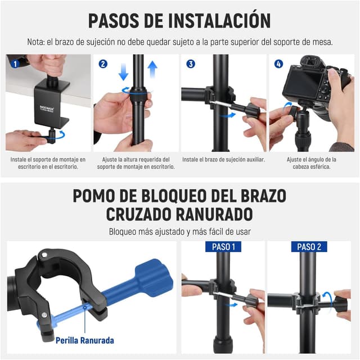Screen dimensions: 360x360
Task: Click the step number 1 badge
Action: coord(15,64)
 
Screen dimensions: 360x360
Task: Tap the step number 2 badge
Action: coord(103,64)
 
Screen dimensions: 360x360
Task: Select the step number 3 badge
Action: coord(191,64)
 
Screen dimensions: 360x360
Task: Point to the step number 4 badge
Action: coord(278,64)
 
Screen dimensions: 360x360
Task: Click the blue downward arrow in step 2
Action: coord(124,71)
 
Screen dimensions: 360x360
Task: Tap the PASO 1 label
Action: coord(223,247)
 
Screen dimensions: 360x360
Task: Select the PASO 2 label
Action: coord(309,247)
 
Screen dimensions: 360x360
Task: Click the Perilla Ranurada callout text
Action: coord(85,340)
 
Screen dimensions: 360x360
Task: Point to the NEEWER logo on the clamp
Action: coord(47,108)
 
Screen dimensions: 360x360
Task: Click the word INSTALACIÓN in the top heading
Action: coord(219,21)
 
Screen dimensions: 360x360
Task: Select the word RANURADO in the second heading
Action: coord(214,214)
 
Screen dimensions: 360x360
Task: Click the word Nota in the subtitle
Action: coord(35,42)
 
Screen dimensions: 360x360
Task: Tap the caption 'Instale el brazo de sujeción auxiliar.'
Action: coord(223,159)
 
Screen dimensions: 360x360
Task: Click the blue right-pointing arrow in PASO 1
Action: coord(231,305)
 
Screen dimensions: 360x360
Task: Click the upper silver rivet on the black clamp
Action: coord(44,254)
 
